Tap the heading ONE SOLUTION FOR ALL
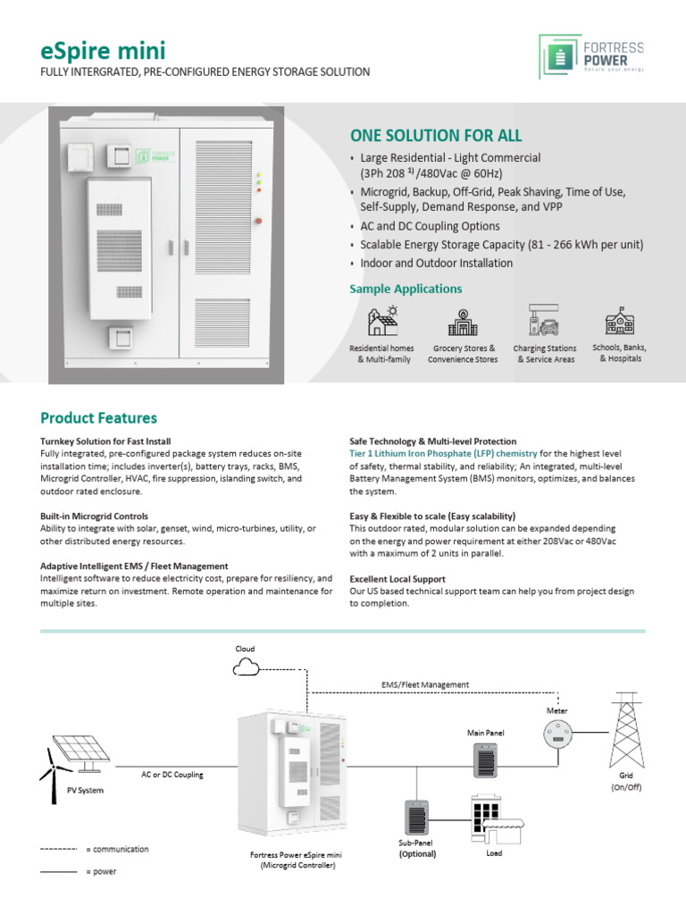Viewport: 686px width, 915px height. point(436,136)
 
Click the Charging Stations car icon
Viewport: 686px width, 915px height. point(545,321)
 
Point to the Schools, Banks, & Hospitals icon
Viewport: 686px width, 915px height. point(619,321)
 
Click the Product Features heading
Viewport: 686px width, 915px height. point(98,418)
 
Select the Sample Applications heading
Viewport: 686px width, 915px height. point(406,289)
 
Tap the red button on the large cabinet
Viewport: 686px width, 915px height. point(258,219)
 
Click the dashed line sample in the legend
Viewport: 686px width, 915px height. point(59,849)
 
